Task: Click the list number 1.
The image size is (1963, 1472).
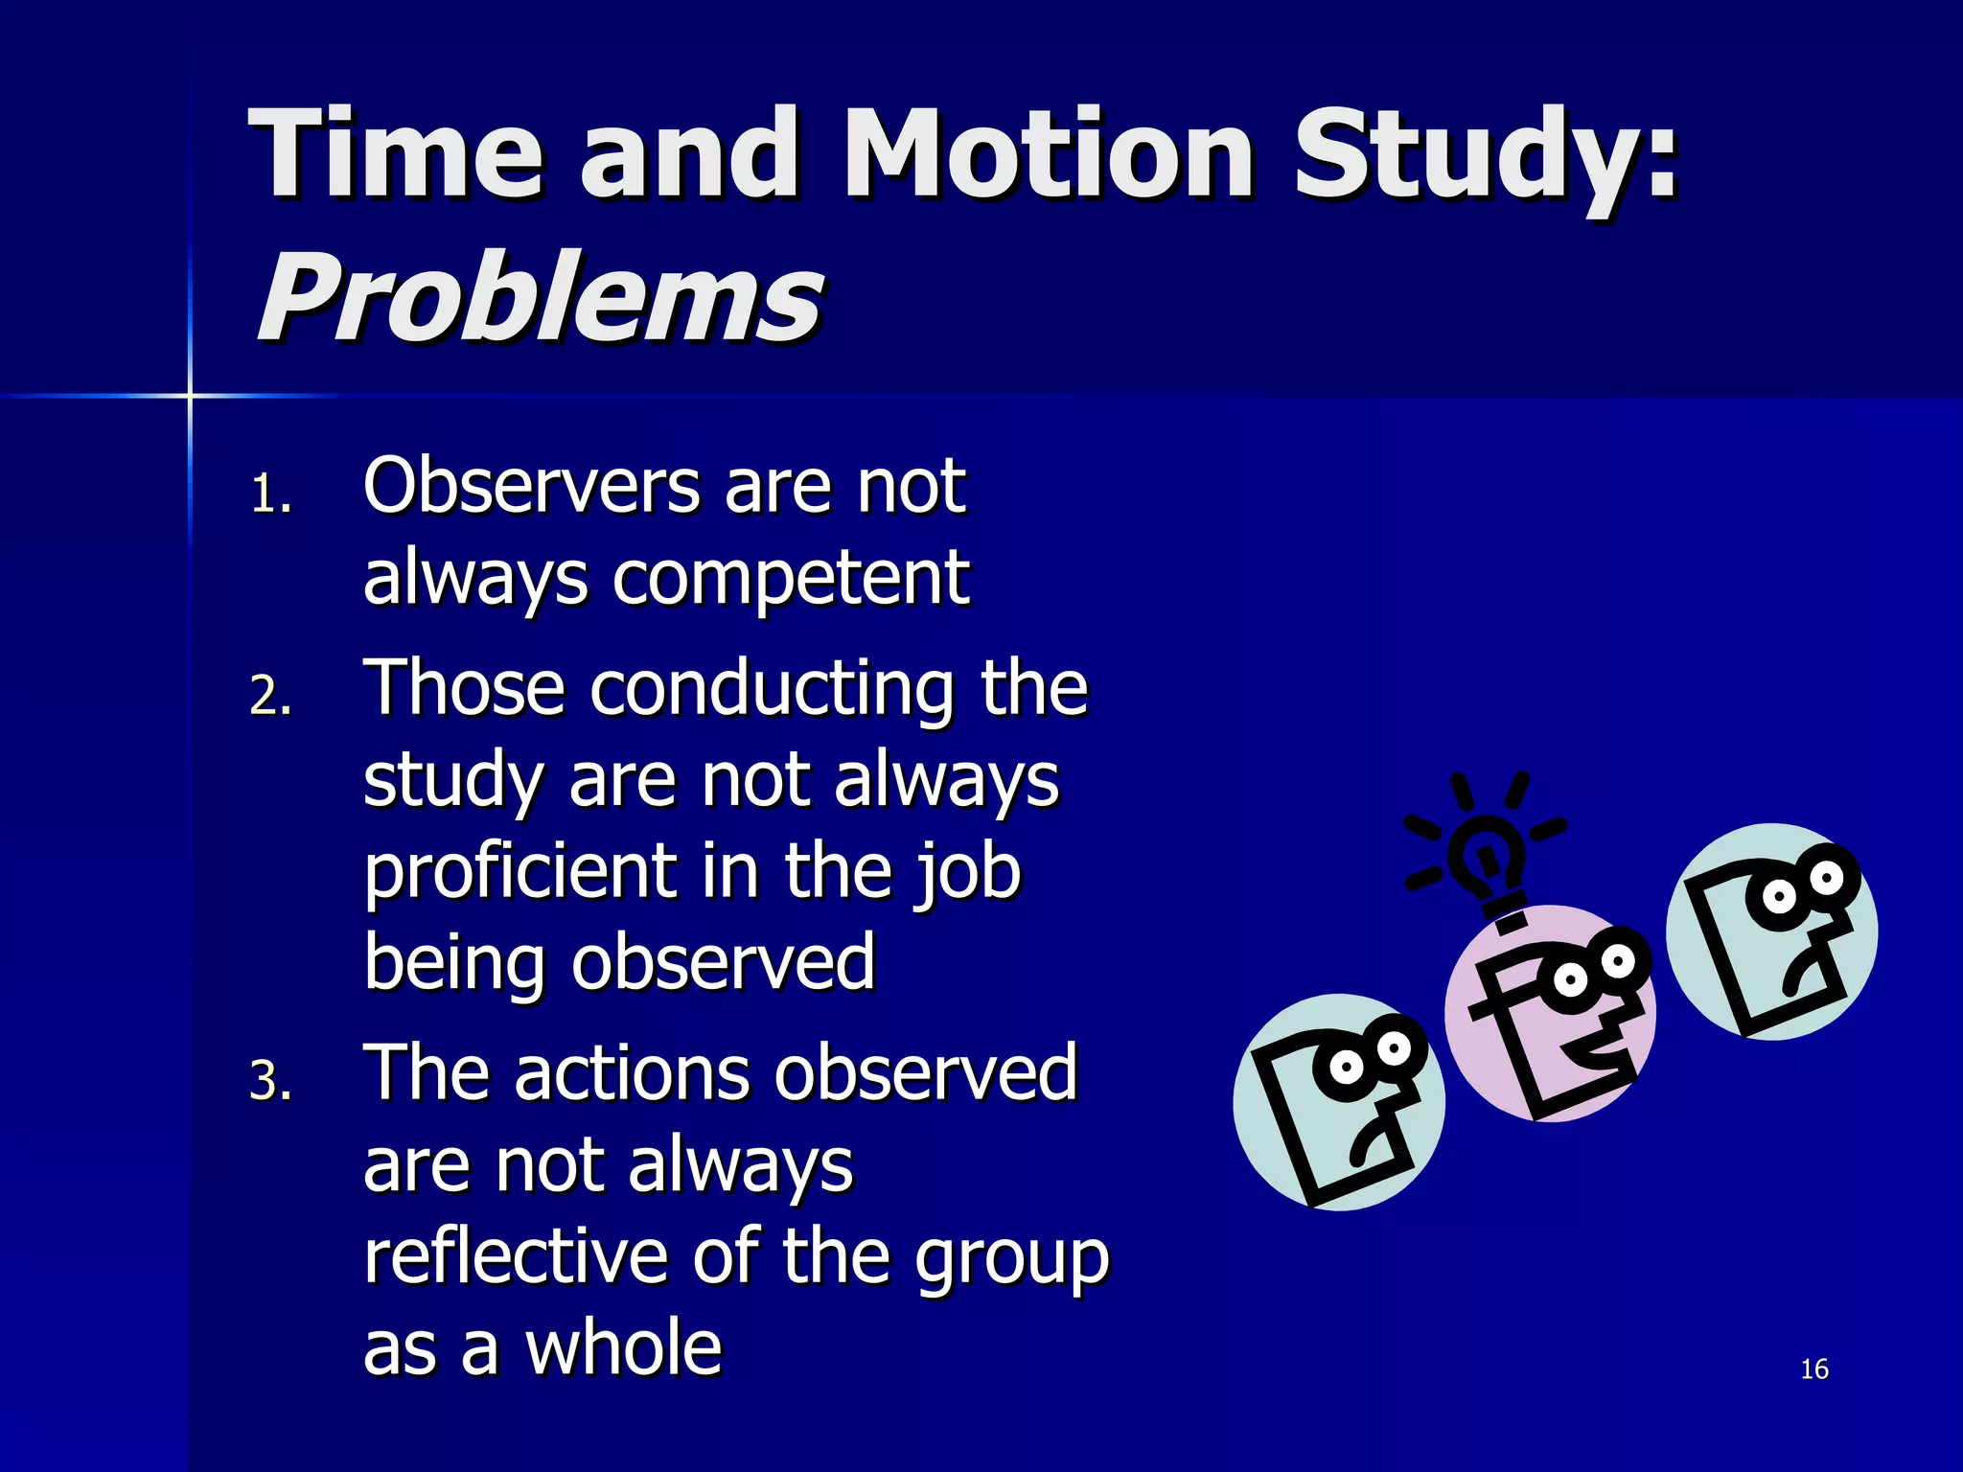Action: point(270,495)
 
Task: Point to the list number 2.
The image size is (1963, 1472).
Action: point(270,696)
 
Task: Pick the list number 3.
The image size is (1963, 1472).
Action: point(270,1081)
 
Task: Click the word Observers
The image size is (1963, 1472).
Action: point(532,486)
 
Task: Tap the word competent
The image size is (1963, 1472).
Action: point(791,580)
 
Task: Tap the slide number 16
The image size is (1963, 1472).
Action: point(1813,1369)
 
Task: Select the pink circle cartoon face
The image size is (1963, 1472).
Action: point(1550,1014)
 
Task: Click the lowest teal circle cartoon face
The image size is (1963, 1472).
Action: point(1339,1102)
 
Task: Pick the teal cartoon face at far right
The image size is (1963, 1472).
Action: point(1771,931)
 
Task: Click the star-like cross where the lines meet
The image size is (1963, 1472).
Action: point(190,395)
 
